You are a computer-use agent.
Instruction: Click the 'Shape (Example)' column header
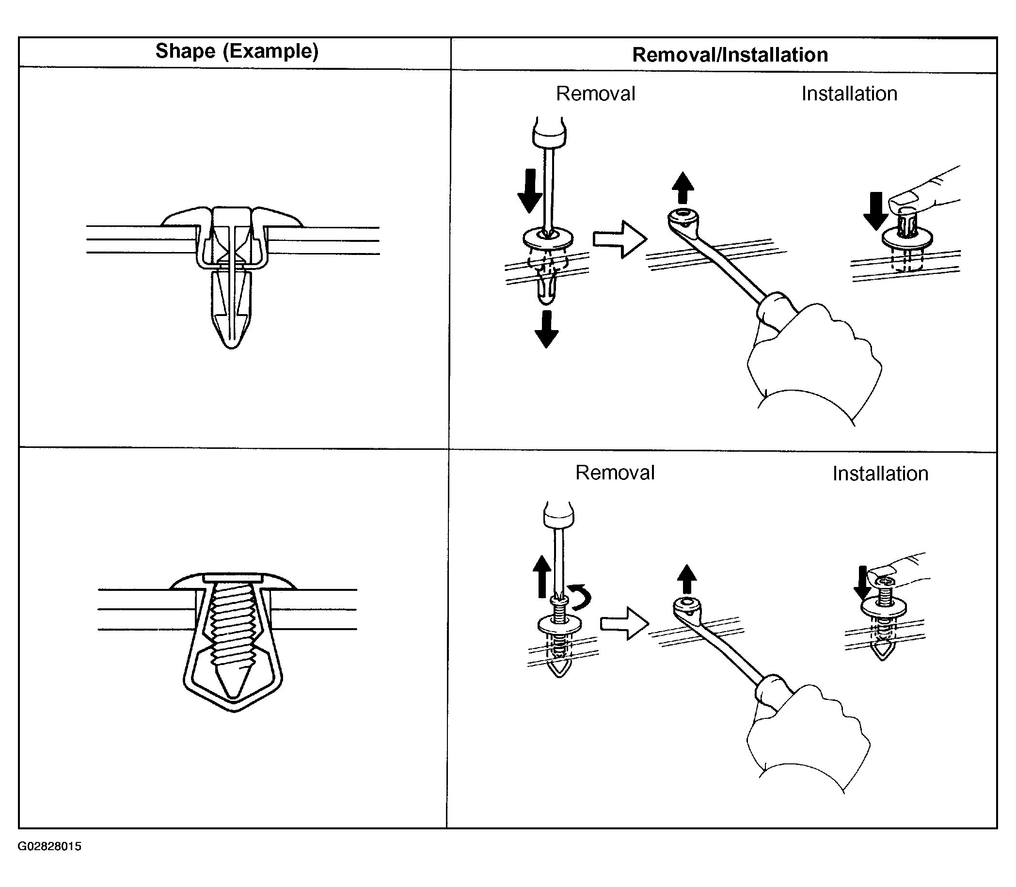point(237,51)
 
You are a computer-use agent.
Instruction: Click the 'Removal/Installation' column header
point(730,55)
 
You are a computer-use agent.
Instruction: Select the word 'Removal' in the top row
point(595,94)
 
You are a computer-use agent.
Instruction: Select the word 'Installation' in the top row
point(849,94)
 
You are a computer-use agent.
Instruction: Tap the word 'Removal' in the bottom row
point(615,473)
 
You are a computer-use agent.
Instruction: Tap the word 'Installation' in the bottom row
point(880,474)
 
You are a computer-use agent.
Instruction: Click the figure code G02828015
point(49,846)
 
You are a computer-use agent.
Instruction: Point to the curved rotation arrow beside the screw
point(580,597)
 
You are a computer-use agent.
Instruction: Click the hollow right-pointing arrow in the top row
point(619,239)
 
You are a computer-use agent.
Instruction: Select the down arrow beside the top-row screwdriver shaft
point(530,190)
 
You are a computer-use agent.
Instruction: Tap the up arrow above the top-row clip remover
point(683,188)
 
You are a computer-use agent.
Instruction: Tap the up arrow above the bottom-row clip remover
point(686,579)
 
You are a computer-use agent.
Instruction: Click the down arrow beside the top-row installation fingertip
point(875,210)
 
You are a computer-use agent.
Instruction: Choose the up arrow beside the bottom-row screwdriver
point(542,576)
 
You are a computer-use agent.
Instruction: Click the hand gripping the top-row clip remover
point(811,361)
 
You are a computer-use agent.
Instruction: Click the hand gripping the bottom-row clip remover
point(807,738)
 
